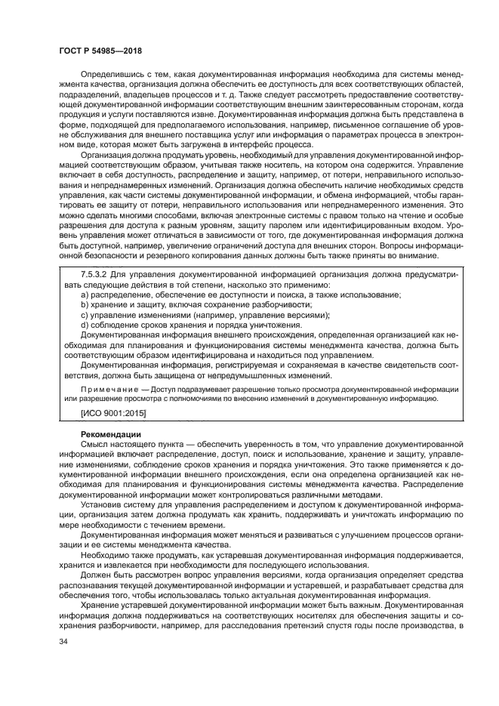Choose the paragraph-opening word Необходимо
click(x=107, y=556)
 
